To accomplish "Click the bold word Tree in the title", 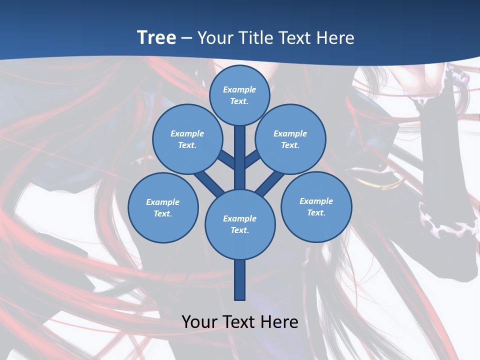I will [x=156, y=37].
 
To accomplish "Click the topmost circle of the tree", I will [x=239, y=95].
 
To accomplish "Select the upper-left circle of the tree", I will [x=187, y=139].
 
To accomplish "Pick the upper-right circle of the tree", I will [x=290, y=139].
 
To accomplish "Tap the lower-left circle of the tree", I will [x=163, y=207].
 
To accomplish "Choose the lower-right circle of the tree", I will [x=316, y=206].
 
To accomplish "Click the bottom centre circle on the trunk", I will [x=240, y=224].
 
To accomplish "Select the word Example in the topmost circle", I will [x=239, y=89].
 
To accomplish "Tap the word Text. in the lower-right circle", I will [x=316, y=212].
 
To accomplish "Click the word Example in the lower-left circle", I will [x=162, y=202].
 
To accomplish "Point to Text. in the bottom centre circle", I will [x=240, y=230].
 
